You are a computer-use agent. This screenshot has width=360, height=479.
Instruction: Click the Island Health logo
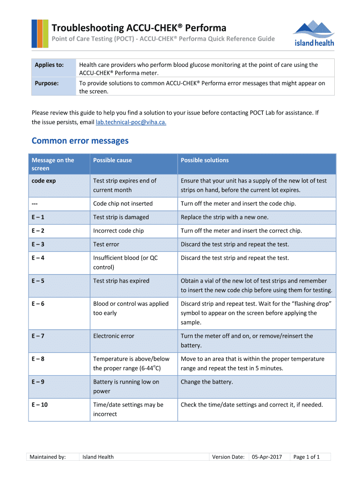tap(314, 33)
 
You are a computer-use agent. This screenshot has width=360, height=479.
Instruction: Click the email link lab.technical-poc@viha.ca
tap(131, 122)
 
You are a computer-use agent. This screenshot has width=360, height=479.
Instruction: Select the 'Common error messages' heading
tap(79, 141)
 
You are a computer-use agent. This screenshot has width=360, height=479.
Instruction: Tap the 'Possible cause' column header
tap(112, 160)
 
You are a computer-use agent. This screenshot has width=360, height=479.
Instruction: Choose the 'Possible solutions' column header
tap(205, 160)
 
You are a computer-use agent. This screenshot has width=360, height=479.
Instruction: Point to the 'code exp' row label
tap(43, 181)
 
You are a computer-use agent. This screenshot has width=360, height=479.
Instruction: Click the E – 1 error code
tap(38, 217)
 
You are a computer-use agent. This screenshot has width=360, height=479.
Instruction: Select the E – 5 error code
tap(38, 281)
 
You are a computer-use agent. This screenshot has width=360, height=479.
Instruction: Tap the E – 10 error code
tap(40, 405)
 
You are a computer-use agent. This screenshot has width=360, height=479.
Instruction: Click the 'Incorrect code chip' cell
tap(118, 231)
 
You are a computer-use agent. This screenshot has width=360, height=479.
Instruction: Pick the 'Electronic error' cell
tap(114, 336)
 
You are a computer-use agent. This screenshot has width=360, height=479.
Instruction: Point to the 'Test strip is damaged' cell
tap(121, 217)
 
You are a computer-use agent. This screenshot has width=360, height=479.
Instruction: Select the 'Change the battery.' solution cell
tap(207, 382)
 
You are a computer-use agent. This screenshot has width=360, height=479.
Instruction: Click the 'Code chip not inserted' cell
tap(122, 203)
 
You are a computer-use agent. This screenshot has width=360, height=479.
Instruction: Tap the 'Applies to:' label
tap(49, 65)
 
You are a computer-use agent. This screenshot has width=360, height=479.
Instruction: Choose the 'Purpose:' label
tap(47, 83)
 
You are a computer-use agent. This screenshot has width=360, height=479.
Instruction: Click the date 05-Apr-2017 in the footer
tap(266, 457)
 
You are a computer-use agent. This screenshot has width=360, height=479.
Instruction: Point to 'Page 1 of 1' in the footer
tap(306, 457)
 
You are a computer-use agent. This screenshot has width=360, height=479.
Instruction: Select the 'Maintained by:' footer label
tap(47, 457)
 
